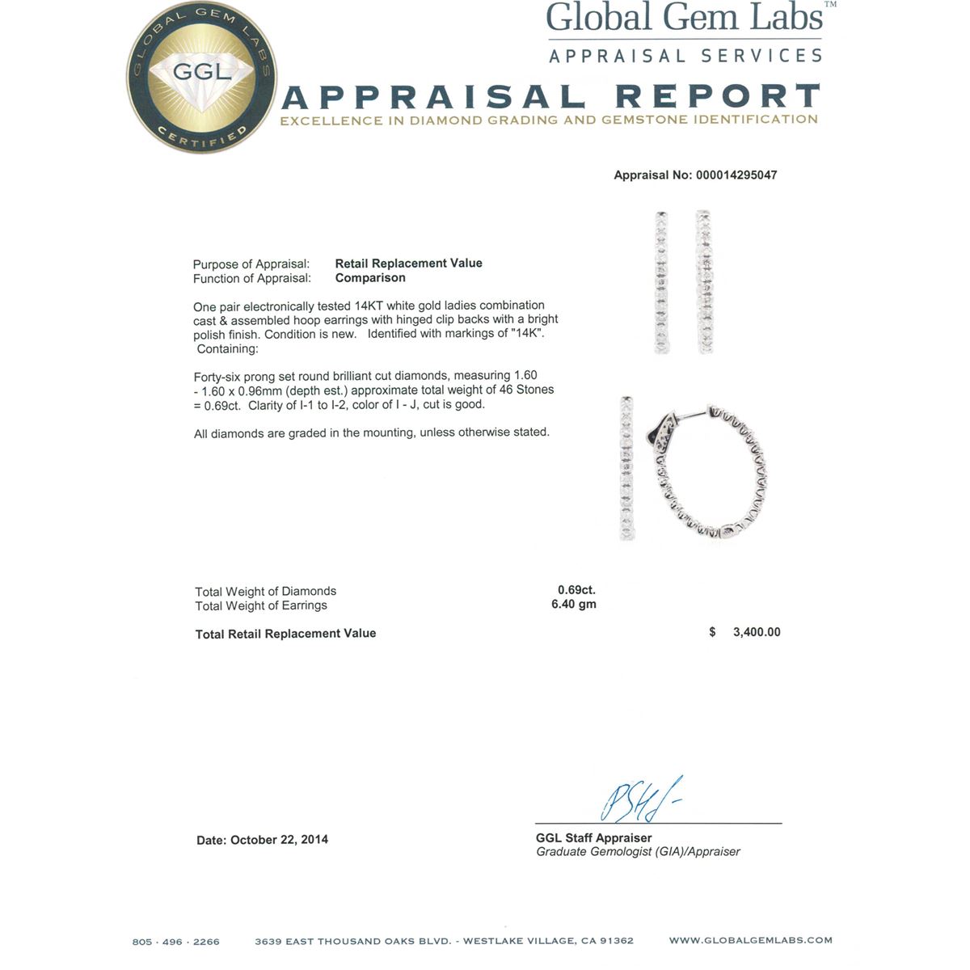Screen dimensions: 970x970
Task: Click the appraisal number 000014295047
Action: tap(736, 175)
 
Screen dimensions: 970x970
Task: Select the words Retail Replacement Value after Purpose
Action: tap(408, 264)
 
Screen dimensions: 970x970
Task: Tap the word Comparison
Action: tap(370, 278)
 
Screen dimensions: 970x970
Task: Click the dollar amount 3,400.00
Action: tap(757, 632)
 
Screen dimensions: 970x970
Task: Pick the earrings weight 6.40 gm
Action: tap(574, 605)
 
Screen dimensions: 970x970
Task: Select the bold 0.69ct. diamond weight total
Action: tap(576, 590)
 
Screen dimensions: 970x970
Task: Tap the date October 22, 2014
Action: tap(279, 840)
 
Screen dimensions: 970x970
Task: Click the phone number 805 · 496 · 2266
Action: tap(176, 942)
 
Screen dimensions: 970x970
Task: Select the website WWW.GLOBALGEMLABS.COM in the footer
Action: tap(750, 941)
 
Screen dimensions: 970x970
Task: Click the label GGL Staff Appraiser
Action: tap(593, 838)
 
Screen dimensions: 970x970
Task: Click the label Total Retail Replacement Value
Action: tap(285, 634)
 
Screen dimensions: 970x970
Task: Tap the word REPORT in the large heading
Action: tap(718, 97)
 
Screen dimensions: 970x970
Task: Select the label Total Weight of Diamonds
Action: tap(265, 592)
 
